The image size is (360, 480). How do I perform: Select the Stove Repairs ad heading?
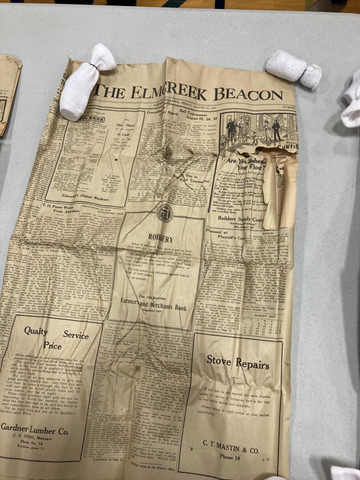(x=238, y=362)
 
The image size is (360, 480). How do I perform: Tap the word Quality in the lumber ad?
(x=36, y=331)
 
